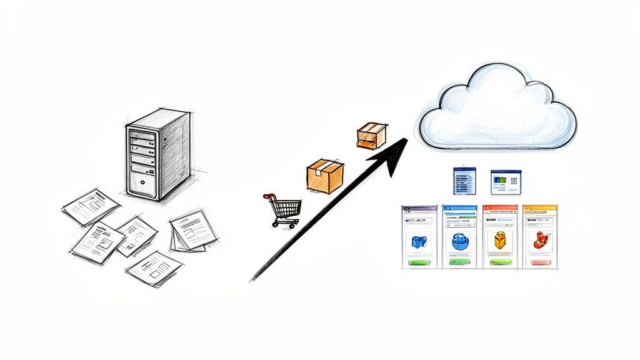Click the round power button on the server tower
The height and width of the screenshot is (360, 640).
[143, 183]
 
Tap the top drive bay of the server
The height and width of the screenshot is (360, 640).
[142, 132]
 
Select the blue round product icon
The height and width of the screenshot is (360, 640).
[459, 241]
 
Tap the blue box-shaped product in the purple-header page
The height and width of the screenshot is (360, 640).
[419, 241]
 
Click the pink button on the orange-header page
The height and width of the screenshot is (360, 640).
[539, 263]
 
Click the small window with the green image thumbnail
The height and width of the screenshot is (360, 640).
[503, 181]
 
